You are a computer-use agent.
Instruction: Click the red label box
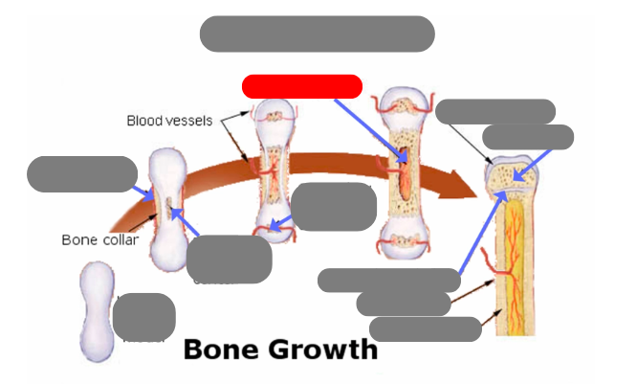point(302,86)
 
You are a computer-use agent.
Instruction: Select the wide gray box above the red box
point(317,34)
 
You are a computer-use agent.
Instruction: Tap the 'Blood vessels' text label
point(169,121)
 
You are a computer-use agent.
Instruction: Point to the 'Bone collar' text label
point(100,239)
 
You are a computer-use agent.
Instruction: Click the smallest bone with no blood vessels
point(97,311)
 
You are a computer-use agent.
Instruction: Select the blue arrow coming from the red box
point(373,125)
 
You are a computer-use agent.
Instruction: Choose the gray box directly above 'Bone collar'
point(82,173)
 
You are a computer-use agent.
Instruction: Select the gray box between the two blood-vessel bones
point(333,207)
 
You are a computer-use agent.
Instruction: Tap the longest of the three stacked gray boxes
point(389,280)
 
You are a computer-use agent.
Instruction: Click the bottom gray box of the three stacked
point(425,329)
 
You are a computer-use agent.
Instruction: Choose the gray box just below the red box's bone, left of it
point(229,259)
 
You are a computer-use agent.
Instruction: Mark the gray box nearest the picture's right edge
point(528,137)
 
